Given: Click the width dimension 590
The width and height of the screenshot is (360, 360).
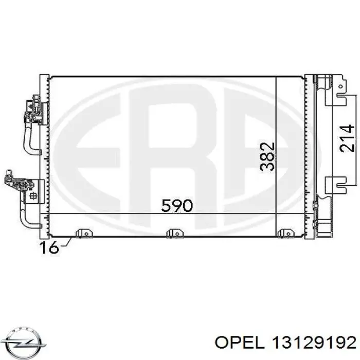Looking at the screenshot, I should (176, 206).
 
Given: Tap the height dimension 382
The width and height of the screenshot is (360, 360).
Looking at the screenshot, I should (267, 156).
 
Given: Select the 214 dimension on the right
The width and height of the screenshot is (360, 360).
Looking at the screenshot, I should (347, 138).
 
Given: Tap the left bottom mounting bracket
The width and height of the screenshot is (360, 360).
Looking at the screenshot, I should (81, 235).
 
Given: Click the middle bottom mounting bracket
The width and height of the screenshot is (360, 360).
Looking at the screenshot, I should (175, 235).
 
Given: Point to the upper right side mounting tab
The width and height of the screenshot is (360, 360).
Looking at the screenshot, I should (340, 93).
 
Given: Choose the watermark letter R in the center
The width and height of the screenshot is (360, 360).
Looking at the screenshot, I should (175, 154).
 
